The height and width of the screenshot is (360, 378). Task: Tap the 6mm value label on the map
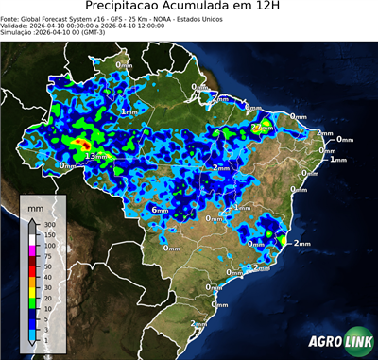[160, 209]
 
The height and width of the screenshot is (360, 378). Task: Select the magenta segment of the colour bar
[33, 250]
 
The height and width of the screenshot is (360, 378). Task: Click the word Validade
[15, 28]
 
